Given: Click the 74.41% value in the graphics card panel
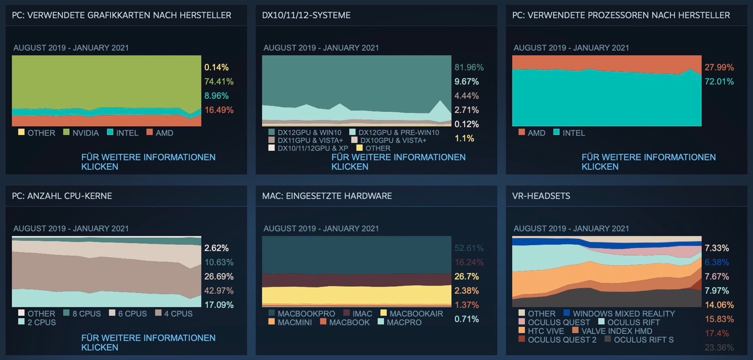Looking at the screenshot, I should click(x=219, y=81).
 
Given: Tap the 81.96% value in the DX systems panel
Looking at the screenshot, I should click(x=469, y=67).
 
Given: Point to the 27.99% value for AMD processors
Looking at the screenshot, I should click(x=719, y=67).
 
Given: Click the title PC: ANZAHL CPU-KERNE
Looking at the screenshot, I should click(x=62, y=196).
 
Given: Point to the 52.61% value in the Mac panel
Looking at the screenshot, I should click(x=469, y=248).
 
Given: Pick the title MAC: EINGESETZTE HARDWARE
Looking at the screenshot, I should click(x=327, y=196).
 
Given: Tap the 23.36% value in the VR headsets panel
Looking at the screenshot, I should click(x=719, y=347).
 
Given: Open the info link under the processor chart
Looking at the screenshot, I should click(x=649, y=162).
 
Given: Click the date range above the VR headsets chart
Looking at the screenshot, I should click(x=571, y=228).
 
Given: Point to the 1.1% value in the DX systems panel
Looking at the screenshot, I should click(x=464, y=139).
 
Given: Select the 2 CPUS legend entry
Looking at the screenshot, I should click(x=41, y=322).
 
